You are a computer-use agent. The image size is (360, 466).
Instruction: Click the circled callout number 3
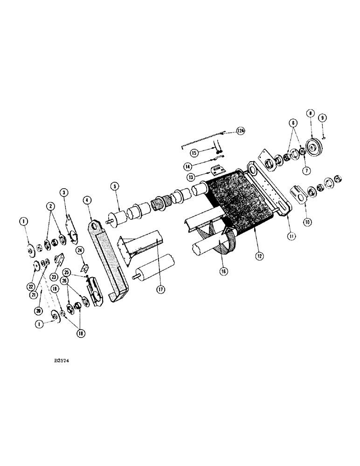point(64,192)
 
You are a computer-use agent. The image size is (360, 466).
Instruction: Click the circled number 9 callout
point(323,118)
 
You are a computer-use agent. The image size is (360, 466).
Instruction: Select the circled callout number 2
point(49,206)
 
